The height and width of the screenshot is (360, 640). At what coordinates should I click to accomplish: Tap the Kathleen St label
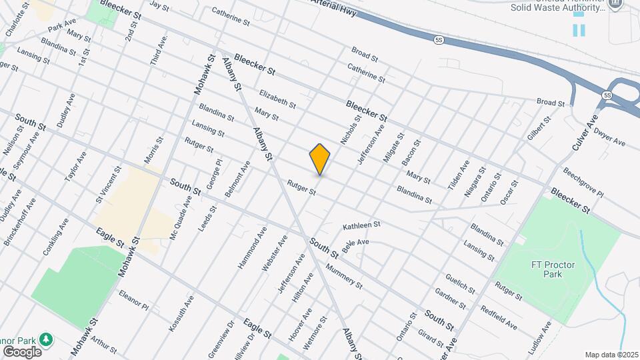(x=361, y=226)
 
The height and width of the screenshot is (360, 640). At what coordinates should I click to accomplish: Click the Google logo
(x=22, y=351)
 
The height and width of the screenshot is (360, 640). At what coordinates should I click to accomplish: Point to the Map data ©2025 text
(x=611, y=355)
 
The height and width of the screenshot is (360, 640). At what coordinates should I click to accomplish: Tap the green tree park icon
(x=46, y=339)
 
